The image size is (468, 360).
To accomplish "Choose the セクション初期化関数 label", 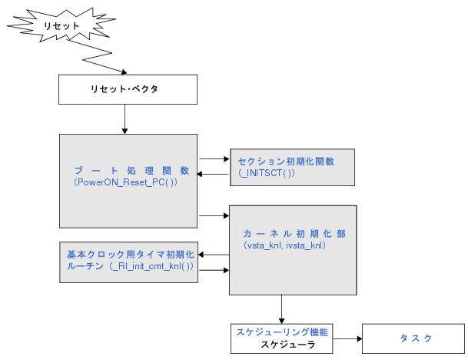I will pyautogui.click(x=293, y=162).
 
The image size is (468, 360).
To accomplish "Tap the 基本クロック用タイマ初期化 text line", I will pyautogui.click(x=128, y=254).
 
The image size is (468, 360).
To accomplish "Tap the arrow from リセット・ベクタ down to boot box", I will pyautogui.click(x=124, y=118).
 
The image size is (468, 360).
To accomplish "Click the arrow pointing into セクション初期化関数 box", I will pyautogui.click(x=214, y=159).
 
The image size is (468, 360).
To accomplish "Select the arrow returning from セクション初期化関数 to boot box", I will pyautogui.click(x=214, y=175).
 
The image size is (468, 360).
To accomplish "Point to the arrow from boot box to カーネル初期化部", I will pyautogui.click(x=214, y=215).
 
